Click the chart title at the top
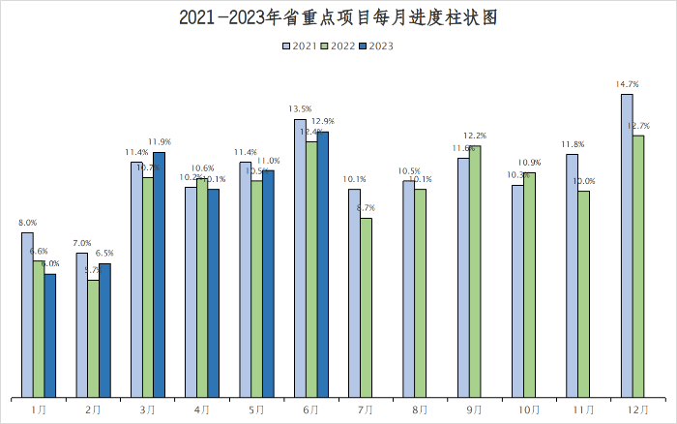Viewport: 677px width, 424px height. (x=338, y=17)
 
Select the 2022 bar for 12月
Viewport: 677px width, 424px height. (x=638, y=266)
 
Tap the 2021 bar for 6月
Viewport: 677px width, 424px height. (x=300, y=257)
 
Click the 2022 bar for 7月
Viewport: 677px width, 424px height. (x=366, y=307)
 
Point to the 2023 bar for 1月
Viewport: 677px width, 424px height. (x=50, y=335)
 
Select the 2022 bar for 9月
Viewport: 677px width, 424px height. (x=475, y=271)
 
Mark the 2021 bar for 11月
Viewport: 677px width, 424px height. (x=573, y=275)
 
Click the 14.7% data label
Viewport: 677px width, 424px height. (x=627, y=85)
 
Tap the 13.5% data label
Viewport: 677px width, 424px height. (x=300, y=109)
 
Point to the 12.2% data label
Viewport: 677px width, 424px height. (x=475, y=136)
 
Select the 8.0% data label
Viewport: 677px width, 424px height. (x=27, y=223)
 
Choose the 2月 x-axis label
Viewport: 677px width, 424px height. (x=93, y=410)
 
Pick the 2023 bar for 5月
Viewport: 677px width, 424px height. (x=268, y=283)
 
